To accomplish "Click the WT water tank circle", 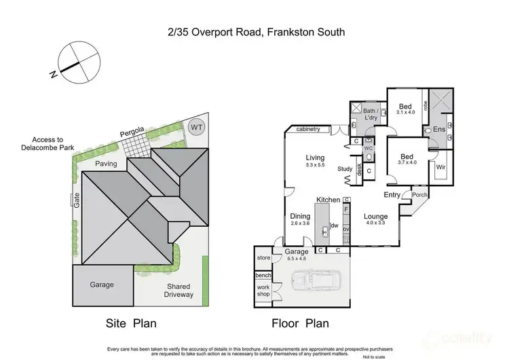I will pos(196,126).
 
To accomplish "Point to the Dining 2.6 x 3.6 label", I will pos(299,219).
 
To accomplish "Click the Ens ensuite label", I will pos(439,128).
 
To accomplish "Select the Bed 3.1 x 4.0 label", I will pos(405,110).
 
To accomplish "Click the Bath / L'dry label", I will pos(370,114).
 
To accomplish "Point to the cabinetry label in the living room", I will pos(309,128).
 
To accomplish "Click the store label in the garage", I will pos(263,258).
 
